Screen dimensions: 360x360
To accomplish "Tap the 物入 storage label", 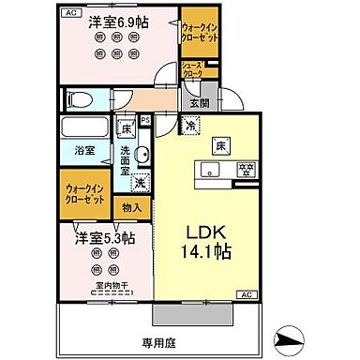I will click(132, 207).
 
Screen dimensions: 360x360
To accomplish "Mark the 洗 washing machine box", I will click(139, 183).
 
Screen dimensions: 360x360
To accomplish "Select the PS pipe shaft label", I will click(145, 120).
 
